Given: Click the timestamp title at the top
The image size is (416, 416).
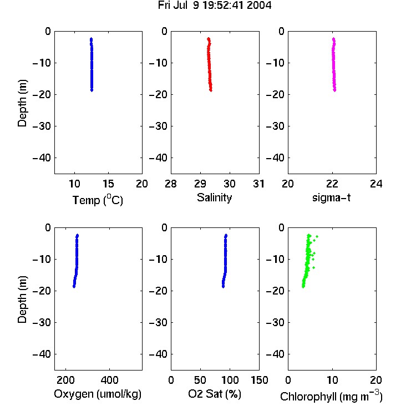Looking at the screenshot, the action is pyautogui.click(x=215, y=6).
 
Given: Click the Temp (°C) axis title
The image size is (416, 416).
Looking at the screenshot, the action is pyautogui.click(x=98, y=200).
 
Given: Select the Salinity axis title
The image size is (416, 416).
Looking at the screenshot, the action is pyautogui.click(x=214, y=197).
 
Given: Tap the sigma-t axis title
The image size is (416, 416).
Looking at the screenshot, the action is pyautogui.click(x=331, y=197).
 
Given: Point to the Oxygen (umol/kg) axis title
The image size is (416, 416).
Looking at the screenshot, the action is pyautogui.click(x=98, y=394).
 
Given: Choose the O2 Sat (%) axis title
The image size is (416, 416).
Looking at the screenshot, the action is pyautogui.click(x=215, y=394).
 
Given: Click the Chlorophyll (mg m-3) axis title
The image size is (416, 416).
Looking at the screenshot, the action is pyautogui.click(x=331, y=396).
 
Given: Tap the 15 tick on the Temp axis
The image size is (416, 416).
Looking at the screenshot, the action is pyautogui.click(x=108, y=184).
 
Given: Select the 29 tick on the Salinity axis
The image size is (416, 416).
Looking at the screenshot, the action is pyautogui.click(x=200, y=184).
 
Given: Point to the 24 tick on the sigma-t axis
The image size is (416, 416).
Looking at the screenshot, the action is pyautogui.click(x=376, y=184).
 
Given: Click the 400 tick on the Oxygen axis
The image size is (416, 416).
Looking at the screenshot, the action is pyautogui.click(x=109, y=380).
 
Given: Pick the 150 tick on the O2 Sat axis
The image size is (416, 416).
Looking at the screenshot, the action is pyautogui.click(x=260, y=380).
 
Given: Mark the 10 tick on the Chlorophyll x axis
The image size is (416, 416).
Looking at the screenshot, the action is pyautogui.click(x=332, y=380).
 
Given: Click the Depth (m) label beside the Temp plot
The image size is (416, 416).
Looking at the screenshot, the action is pyautogui.click(x=22, y=103).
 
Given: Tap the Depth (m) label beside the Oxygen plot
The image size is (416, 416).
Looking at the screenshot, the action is pyautogui.click(x=22, y=300).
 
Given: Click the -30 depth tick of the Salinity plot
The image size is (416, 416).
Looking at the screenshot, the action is pyautogui.click(x=159, y=126).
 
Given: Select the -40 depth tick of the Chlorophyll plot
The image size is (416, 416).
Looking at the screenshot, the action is pyautogui.click(x=275, y=354).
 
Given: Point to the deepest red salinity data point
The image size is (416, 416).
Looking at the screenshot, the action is pyautogui.click(x=211, y=90).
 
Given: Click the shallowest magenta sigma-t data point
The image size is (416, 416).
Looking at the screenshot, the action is pyautogui.click(x=333, y=39).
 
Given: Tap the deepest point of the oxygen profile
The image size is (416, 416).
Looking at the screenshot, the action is pyautogui.click(x=74, y=287).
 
